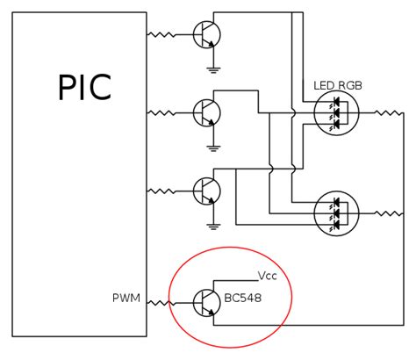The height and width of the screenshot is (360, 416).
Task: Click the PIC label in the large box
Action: click(86, 89)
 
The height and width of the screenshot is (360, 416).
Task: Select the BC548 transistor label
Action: click(241, 299)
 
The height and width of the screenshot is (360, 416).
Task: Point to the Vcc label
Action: click(268, 274)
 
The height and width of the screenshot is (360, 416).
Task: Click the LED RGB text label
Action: click(338, 85)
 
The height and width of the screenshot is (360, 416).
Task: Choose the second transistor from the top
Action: click(207, 112)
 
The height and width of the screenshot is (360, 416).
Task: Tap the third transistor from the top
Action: click(207, 190)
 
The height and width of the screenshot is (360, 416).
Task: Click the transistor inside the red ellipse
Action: click(207, 303)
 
